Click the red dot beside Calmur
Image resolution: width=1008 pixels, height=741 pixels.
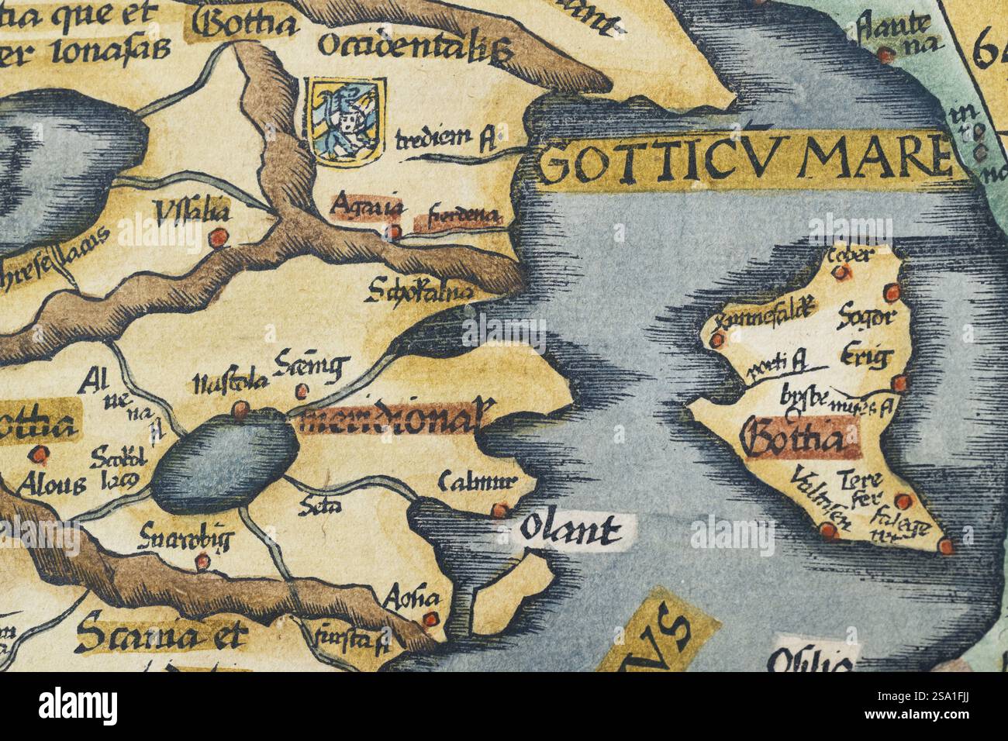(501, 509)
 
